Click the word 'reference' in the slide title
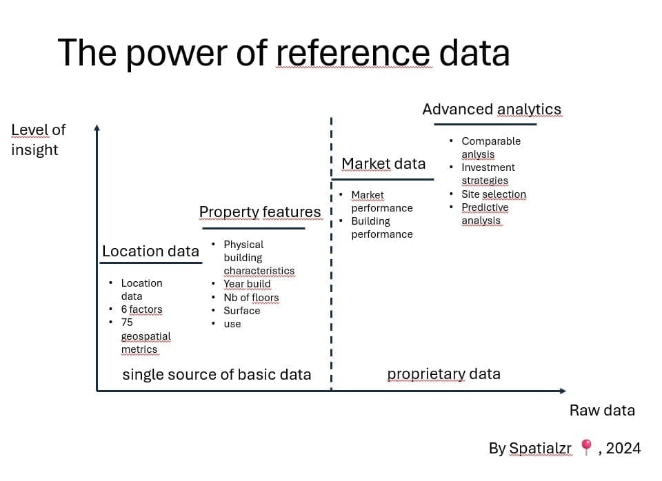click(x=354, y=53)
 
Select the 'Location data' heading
click(x=150, y=252)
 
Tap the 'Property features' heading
click(x=260, y=212)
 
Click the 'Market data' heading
click(x=383, y=163)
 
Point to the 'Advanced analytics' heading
click(x=492, y=109)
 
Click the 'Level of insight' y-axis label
click(x=38, y=140)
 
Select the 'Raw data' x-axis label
click(x=602, y=411)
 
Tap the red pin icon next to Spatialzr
click(x=586, y=448)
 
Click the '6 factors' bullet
click(x=141, y=309)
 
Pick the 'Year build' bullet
click(x=247, y=284)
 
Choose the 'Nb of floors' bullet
click(x=251, y=298)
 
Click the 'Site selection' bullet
click(x=494, y=194)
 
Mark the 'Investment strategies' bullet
click(x=488, y=174)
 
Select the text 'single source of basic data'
click(x=217, y=375)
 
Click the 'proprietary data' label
click(x=443, y=374)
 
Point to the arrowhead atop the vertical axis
click(x=97, y=127)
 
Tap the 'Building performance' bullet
click(x=381, y=227)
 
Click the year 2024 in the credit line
click(x=624, y=449)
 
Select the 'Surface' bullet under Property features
click(x=241, y=311)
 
